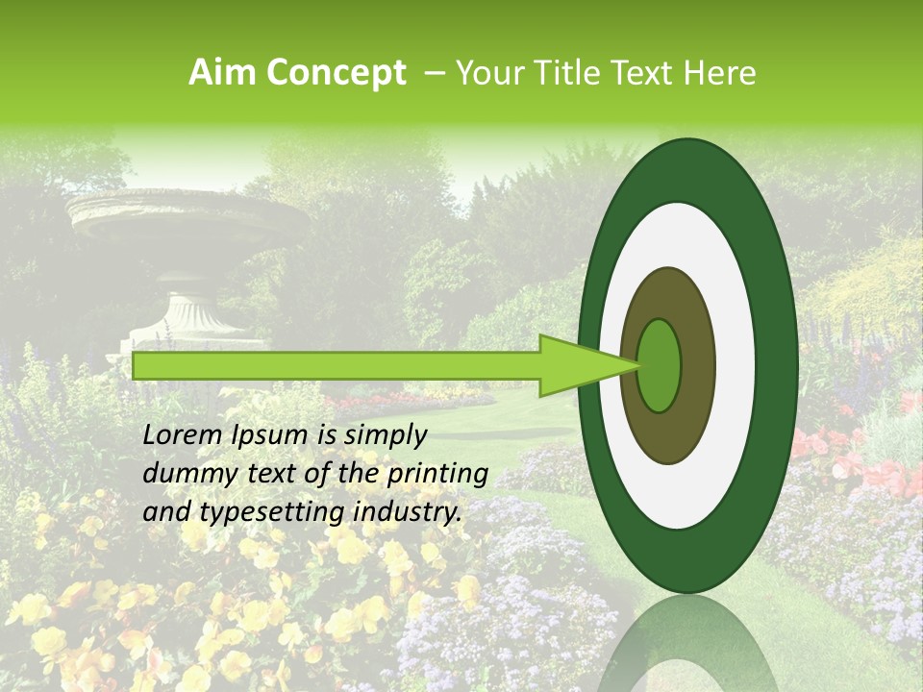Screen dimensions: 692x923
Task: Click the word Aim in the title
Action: [x=224, y=73]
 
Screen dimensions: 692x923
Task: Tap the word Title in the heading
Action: [x=566, y=73]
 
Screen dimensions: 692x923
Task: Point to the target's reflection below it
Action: [x=688, y=649]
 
